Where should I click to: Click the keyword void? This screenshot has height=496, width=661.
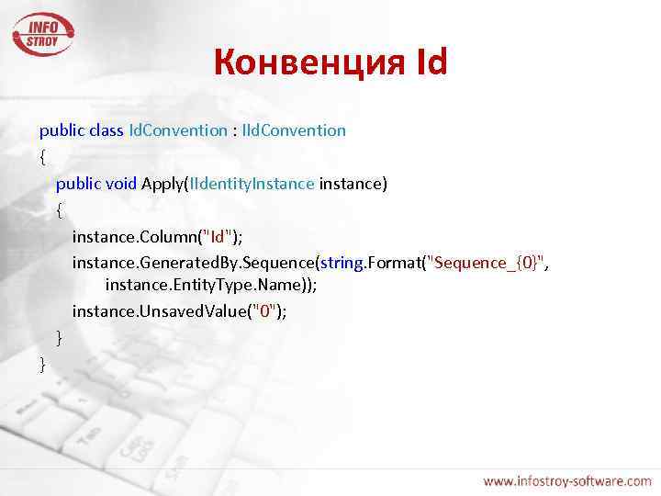pyautogui.click(x=121, y=184)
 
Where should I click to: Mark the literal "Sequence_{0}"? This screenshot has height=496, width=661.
pyautogui.click(x=486, y=264)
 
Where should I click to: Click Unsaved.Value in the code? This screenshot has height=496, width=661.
pyautogui.click(x=195, y=311)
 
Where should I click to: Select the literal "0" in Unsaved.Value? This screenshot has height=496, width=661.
pyautogui.click(x=265, y=311)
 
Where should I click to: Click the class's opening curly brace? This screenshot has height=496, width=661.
pyautogui.click(x=42, y=157)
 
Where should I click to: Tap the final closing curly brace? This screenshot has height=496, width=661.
pyautogui.click(x=42, y=365)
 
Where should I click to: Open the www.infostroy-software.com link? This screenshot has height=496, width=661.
pyautogui.click(x=566, y=480)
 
